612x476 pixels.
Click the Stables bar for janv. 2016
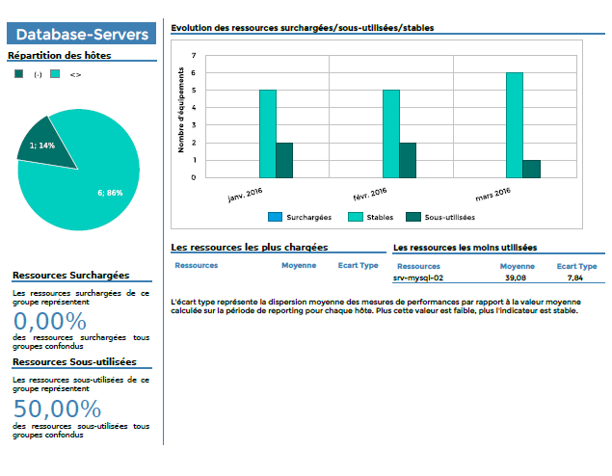[x=268, y=134]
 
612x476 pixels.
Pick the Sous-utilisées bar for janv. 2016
[x=284, y=160]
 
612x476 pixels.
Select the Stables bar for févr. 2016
[x=390, y=134]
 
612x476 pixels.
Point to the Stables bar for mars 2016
[x=515, y=125]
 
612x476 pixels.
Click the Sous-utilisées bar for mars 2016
[x=531, y=169]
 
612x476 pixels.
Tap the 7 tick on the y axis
[x=194, y=56]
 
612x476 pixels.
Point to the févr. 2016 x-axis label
[x=370, y=195]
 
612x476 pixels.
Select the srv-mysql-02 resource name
[x=418, y=278]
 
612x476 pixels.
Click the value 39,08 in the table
[x=516, y=278]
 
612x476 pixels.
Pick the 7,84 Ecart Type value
[x=575, y=278]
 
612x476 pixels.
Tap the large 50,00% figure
[x=58, y=409]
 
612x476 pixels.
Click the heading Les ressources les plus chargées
[x=249, y=248]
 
